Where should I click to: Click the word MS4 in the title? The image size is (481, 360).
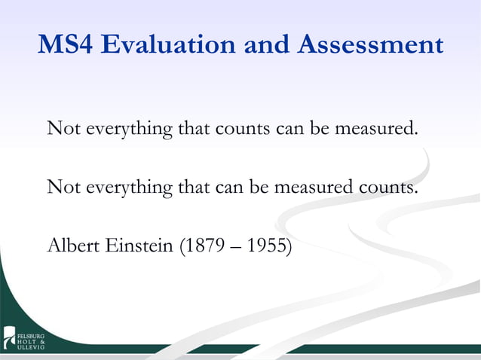pos(64,44)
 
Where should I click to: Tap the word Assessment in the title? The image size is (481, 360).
pos(370,44)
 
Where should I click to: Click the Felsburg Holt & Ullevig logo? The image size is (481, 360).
pos(23,338)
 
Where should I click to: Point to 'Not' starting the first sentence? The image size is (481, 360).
pos(63,129)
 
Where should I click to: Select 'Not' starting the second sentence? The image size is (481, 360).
pos(63,186)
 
